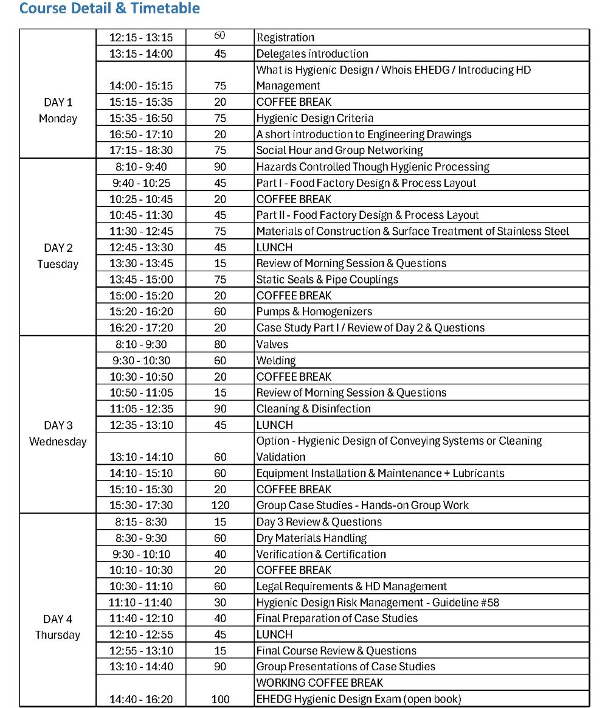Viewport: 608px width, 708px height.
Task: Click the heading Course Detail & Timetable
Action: pyautogui.click(x=109, y=9)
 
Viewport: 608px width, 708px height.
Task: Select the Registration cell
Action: pyautogui.click(x=285, y=38)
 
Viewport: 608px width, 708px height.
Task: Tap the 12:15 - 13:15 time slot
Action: pyautogui.click(x=141, y=38)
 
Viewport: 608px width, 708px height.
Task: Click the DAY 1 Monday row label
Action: pyautogui.click(x=58, y=110)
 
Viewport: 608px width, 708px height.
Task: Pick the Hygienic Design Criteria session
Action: pyautogui.click(x=314, y=118)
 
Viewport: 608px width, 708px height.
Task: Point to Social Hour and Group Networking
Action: pyautogui.click(x=339, y=150)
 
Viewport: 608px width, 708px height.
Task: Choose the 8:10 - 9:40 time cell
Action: pyautogui.click(x=141, y=167)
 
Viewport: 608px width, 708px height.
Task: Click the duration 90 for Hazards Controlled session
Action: pyautogui.click(x=220, y=167)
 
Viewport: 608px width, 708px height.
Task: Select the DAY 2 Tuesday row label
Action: pyautogui.click(x=58, y=255)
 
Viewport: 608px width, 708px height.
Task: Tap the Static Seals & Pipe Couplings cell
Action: pyautogui.click(x=327, y=279)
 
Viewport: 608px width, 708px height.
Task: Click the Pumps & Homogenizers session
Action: pyautogui.click(x=314, y=311)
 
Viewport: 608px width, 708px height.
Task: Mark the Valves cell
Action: pyautogui.click(x=272, y=344)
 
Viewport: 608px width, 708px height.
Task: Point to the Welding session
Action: pyautogui.click(x=276, y=360)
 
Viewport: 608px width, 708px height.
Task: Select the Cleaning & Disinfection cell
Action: pyautogui.click(x=313, y=409)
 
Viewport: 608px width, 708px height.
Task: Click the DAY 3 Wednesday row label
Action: pyautogui.click(x=58, y=433)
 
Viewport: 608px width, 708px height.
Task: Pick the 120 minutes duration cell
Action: pyautogui.click(x=220, y=505)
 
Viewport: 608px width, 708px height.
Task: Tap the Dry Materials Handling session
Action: pyautogui.click(x=311, y=538)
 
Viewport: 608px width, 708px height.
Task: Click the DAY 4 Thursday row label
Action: pyautogui.click(x=58, y=626)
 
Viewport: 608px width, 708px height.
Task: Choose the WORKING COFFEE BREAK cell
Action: pyautogui.click(x=320, y=682)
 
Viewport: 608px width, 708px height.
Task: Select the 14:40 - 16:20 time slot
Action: pyautogui.click(x=141, y=699)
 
